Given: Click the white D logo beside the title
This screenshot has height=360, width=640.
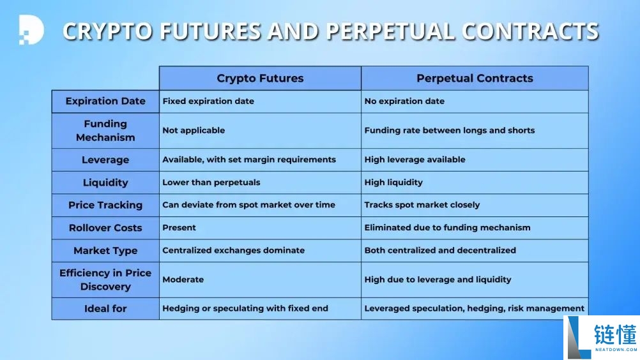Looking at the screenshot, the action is [31, 30].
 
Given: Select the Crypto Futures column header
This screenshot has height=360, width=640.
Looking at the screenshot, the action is [260, 78].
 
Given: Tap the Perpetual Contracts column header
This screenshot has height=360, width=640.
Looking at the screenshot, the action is [475, 78].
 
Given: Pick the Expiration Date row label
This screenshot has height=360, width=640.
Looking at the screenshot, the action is [105, 101].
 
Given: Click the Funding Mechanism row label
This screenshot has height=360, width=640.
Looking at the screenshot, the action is [105, 130].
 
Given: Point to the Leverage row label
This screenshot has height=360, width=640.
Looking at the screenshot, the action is [105, 160].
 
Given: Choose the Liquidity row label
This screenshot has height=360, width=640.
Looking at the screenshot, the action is [105, 183].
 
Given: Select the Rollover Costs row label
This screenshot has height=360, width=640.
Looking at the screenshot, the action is [105, 228].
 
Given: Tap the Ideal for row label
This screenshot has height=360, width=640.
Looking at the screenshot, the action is [105, 309].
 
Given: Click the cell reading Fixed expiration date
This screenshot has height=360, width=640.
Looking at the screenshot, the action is [260, 101].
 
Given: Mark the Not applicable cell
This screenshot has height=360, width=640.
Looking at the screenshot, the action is [260, 130].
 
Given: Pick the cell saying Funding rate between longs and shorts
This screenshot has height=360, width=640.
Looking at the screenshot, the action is [475, 130].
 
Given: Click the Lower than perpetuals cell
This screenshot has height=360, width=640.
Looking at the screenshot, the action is [260, 183].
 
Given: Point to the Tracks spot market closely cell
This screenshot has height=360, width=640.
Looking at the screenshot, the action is [475, 205].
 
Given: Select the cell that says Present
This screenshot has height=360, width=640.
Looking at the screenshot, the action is [260, 228].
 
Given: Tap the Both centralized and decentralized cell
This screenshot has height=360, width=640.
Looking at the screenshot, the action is [475, 250].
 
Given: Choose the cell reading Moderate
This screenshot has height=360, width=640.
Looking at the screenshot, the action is [260, 280].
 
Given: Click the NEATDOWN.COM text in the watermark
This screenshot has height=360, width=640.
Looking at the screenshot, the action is [616, 349].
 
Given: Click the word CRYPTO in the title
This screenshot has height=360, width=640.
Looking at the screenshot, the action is [107, 31].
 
